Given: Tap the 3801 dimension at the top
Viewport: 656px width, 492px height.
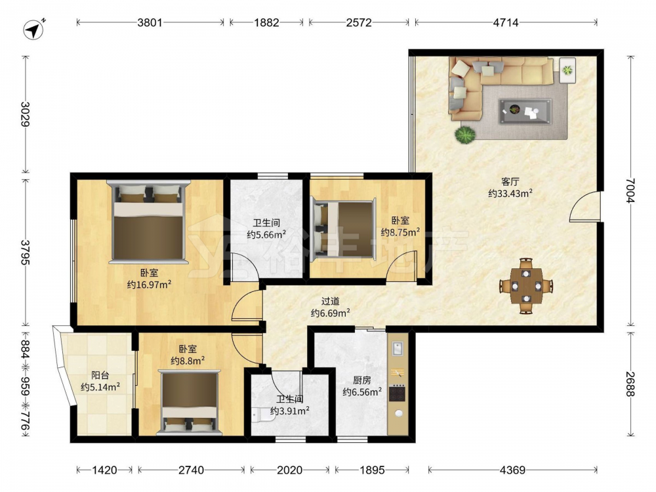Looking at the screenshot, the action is pyautogui.click(x=150, y=22).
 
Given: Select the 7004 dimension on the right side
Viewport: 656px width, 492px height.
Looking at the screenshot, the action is pyautogui.click(x=630, y=191).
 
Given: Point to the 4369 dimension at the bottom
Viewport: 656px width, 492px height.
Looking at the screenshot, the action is pyautogui.click(x=512, y=470).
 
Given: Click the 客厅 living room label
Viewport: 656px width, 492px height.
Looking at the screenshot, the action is pyautogui.click(x=510, y=182).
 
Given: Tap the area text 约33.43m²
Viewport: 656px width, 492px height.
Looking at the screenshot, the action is pyautogui.click(x=510, y=194).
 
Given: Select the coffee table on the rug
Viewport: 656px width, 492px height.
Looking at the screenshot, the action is pyautogui.click(x=525, y=112).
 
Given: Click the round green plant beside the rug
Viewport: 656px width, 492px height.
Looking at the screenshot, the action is pyautogui.click(x=465, y=135).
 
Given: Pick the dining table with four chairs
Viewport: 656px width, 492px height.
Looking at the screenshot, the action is pyautogui.click(x=526, y=286).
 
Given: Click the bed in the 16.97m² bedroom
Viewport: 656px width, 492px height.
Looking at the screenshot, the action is pyautogui.click(x=148, y=222).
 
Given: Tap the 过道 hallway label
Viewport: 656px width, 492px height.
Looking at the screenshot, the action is pyautogui.click(x=330, y=301).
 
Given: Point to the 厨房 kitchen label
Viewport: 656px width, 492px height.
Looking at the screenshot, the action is pyautogui.click(x=362, y=380).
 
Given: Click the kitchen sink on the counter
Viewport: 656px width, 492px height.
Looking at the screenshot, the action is pyautogui.click(x=397, y=348).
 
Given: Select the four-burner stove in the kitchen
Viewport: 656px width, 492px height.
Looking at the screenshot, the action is pyautogui.click(x=397, y=393).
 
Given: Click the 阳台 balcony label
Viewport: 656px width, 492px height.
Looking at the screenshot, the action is pyautogui.click(x=100, y=375).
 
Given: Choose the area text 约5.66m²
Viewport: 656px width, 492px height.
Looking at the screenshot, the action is pyautogui.click(x=266, y=234).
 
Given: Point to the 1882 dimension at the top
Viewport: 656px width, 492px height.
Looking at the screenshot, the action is pyautogui.click(x=266, y=22).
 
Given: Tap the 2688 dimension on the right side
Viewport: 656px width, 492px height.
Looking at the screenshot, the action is pyautogui.click(x=630, y=384).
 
